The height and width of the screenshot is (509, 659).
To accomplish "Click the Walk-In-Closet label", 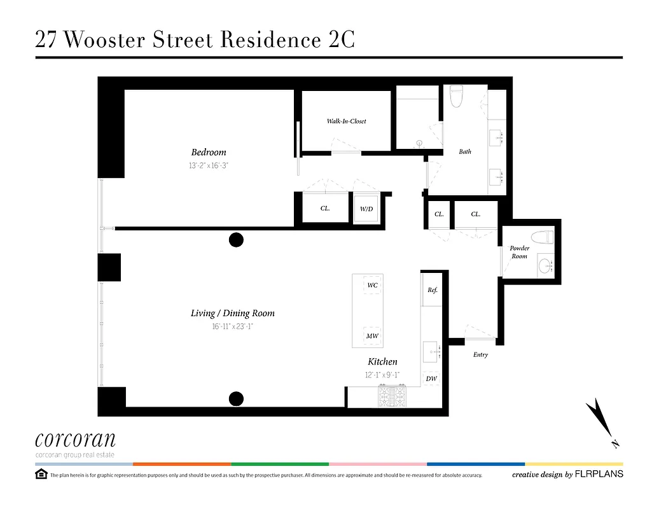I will [346, 121].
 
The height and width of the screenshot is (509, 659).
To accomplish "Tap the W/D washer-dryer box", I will [366, 208].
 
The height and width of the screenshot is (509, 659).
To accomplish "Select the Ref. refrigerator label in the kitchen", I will [433, 290].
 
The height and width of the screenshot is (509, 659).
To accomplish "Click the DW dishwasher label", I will [431, 379].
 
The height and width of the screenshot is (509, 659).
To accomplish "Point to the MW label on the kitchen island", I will [372, 336].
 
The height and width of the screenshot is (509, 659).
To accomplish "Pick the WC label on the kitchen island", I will [372, 286].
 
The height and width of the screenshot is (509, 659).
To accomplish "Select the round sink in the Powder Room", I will [545, 264].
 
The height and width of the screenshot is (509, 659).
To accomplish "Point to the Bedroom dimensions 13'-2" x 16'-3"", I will [209, 165].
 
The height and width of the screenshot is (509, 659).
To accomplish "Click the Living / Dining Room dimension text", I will [232, 326].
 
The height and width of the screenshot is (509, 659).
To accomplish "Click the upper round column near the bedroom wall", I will [236, 240].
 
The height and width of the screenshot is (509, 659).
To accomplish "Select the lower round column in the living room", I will [236, 399].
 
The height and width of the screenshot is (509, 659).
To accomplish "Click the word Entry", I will [480, 354].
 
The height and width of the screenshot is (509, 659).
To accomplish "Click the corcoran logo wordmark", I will [75, 440].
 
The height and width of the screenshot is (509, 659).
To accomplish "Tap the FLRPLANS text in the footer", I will [599, 474].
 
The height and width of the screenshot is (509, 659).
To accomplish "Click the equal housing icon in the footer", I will [41, 474].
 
